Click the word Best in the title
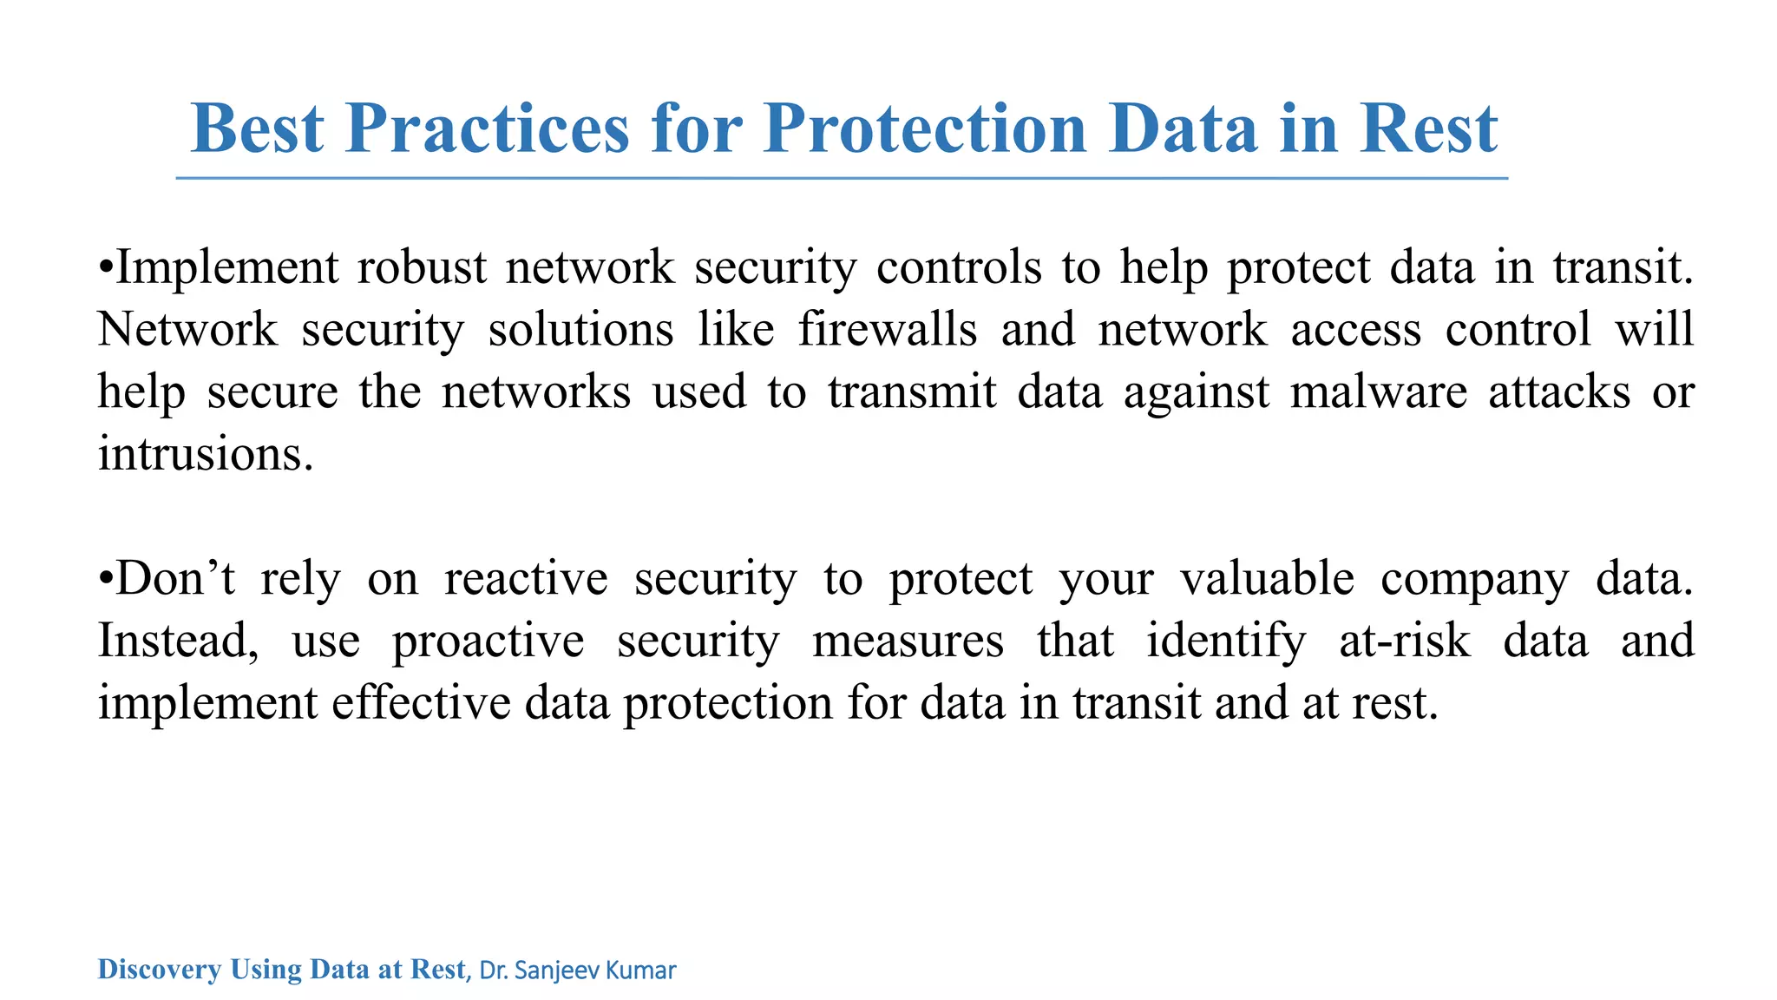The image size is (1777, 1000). point(257,128)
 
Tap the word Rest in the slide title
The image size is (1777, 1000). point(1428,128)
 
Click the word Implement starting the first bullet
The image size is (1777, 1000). point(226,267)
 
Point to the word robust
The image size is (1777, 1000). point(422,266)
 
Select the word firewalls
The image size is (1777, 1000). point(888,330)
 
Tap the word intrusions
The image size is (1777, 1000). point(205,454)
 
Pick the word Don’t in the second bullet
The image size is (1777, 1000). point(174,579)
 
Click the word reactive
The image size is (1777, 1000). point(526,579)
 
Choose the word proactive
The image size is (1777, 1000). point(488,642)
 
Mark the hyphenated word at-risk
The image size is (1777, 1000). point(1405,641)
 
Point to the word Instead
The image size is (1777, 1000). point(178,642)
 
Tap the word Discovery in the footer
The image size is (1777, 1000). point(159,969)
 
